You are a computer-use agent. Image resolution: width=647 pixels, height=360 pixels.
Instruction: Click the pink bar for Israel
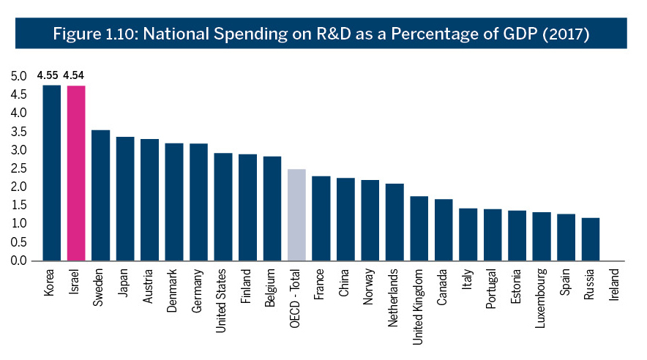pyautogui.click(x=76, y=173)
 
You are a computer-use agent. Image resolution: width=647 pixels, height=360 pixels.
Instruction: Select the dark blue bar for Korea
pyautogui.click(x=51, y=173)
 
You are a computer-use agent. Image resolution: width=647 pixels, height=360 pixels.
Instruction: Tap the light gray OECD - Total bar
pyautogui.click(x=296, y=215)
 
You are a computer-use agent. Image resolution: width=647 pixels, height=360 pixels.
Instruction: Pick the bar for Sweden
pyautogui.click(x=101, y=195)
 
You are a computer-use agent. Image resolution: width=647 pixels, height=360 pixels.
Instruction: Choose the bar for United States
pyautogui.click(x=223, y=207)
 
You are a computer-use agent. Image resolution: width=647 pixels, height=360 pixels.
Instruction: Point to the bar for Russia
pyautogui.click(x=591, y=239)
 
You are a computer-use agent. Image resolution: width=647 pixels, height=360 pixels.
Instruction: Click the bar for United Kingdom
pyautogui.click(x=419, y=228)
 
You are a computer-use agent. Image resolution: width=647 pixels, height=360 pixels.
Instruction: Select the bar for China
pyautogui.click(x=345, y=220)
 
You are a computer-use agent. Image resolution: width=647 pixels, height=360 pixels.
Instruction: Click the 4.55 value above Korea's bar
pyautogui.click(x=48, y=75)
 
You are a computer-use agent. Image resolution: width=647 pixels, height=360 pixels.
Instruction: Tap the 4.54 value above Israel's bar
pyautogui.click(x=73, y=75)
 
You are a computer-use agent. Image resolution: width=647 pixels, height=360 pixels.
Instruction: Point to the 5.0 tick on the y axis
pyautogui.click(x=18, y=76)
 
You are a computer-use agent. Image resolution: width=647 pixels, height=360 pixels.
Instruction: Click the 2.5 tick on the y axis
pyautogui.click(x=18, y=168)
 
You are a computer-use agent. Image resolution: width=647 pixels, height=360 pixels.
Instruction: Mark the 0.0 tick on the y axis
pyautogui.click(x=18, y=260)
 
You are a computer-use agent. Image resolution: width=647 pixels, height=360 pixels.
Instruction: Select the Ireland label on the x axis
pyautogui.click(x=614, y=285)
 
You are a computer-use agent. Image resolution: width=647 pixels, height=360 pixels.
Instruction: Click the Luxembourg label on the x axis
pyautogui.click(x=541, y=298)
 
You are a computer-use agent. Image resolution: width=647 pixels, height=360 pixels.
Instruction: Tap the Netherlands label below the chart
pyautogui.click(x=393, y=298)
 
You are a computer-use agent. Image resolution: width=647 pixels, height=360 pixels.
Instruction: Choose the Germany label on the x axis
pyautogui.click(x=197, y=290)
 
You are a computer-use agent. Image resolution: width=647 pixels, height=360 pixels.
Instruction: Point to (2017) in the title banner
pyautogui.click(x=566, y=34)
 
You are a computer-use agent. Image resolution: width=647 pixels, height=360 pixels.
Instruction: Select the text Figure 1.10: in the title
pyautogui.click(x=95, y=34)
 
